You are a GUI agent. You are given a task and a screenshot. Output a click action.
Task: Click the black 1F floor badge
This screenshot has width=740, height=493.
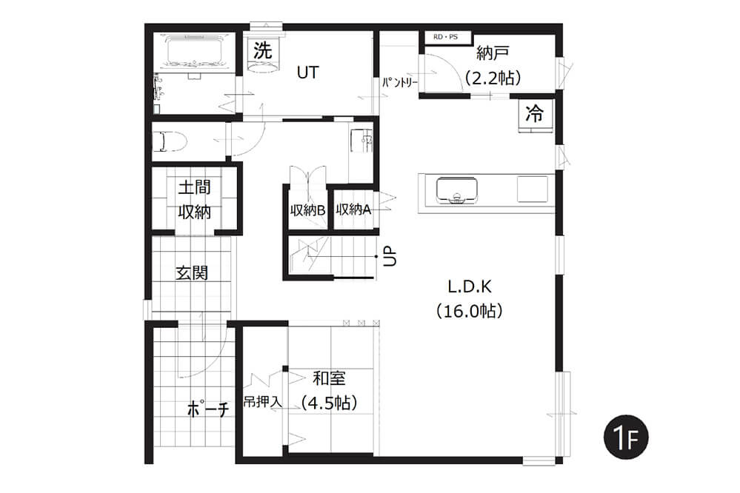click(626, 437)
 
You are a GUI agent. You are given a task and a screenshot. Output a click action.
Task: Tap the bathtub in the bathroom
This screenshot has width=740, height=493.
click(194, 52)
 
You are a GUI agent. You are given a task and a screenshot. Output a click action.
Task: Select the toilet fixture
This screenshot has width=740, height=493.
click(170, 141)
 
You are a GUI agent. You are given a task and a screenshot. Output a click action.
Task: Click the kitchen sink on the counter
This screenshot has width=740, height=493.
click(456, 190)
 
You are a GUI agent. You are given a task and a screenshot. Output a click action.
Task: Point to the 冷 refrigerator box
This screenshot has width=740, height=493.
click(535, 114)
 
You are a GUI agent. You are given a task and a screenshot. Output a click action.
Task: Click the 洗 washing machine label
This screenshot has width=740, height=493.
click(262, 50)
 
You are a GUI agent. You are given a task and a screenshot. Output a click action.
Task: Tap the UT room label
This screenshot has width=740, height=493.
click(307, 73)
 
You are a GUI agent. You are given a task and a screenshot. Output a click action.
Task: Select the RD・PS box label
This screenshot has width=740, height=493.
click(445, 37)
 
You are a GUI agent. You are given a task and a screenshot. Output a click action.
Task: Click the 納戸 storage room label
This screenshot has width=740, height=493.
click(493, 53)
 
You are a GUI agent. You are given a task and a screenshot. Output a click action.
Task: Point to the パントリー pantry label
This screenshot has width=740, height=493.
click(400, 83)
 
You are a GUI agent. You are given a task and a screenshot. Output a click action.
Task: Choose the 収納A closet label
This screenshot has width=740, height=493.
click(353, 209)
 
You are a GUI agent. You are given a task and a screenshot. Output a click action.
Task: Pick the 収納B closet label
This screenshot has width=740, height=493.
click(307, 210)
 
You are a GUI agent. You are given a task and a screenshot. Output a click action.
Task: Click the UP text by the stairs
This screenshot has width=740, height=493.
click(390, 257)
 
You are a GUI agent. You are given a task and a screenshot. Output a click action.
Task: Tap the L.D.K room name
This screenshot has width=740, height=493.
click(470, 286)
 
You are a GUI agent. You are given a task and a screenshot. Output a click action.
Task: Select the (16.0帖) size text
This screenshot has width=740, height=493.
click(470, 311)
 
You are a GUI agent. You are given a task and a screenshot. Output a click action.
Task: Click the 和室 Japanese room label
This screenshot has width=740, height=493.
click(329, 378)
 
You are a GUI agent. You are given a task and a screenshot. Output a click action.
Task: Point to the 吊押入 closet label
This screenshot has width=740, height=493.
click(263, 402)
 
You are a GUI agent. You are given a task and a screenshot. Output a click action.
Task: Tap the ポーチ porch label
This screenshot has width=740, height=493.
click(208, 409)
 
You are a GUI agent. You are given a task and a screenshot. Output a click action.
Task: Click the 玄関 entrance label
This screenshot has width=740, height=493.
click(192, 272)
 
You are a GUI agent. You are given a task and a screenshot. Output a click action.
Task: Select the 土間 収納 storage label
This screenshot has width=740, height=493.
click(194, 200)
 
